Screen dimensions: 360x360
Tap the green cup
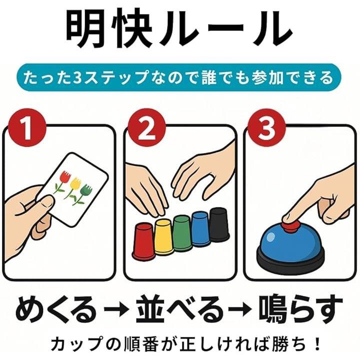(182, 233)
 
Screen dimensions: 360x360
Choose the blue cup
(201, 229)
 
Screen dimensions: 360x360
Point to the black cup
(219, 224)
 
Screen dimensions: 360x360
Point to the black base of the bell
(290, 259)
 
